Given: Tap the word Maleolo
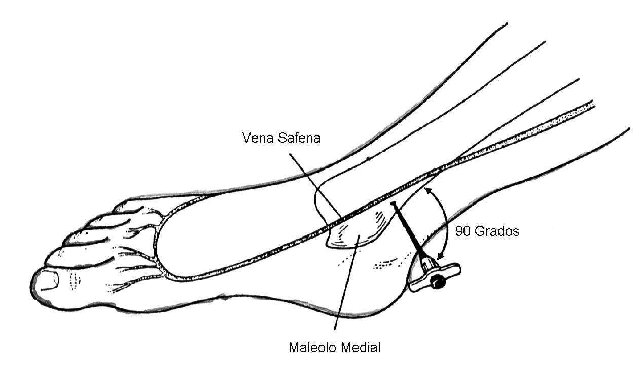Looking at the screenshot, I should click(312, 348).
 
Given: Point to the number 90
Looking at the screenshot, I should click(462, 231).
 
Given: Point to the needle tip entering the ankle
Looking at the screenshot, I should click(394, 204).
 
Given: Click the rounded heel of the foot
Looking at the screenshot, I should click(401, 289).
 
